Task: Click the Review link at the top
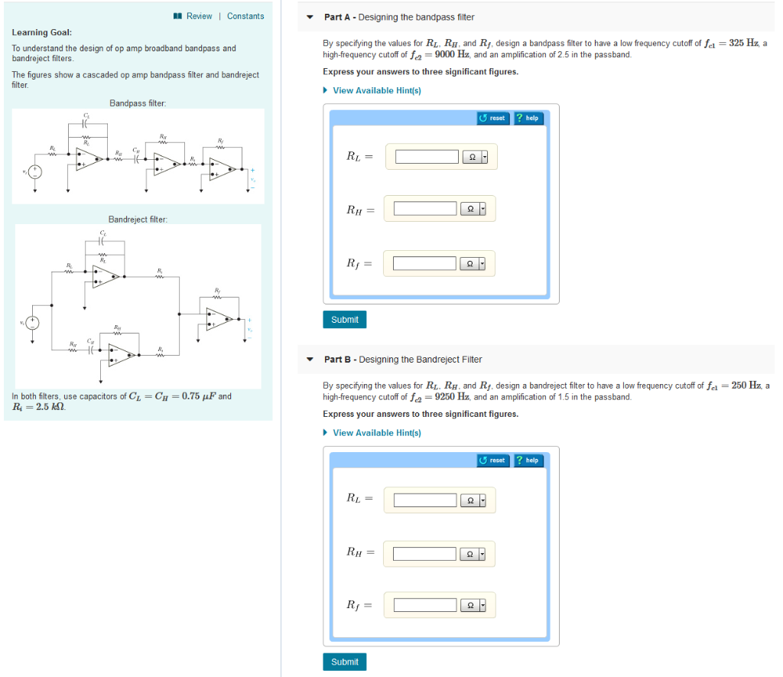pyautogui.click(x=199, y=16)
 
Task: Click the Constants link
pyautogui.click(x=245, y=16)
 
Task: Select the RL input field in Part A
pyautogui.click(x=426, y=157)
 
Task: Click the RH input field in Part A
pyautogui.click(x=425, y=208)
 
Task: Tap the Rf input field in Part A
pyautogui.click(x=425, y=264)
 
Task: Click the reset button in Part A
pyautogui.click(x=492, y=118)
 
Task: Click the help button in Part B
pyautogui.click(x=528, y=461)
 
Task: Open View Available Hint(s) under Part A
pyautogui.click(x=376, y=90)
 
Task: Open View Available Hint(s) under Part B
pyautogui.click(x=376, y=433)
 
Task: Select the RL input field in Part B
pyautogui.click(x=425, y=500)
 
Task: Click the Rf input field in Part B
pyautogui.click(x=425, y=605)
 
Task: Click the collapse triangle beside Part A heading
pyautogui.click(x=310, y=17)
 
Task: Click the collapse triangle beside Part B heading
pyautogui.click(x=310, y=360)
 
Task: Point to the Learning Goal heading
pyautogui.click(x=42, y=33)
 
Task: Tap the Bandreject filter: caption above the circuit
pyautogui.click(x=138, y=220)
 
